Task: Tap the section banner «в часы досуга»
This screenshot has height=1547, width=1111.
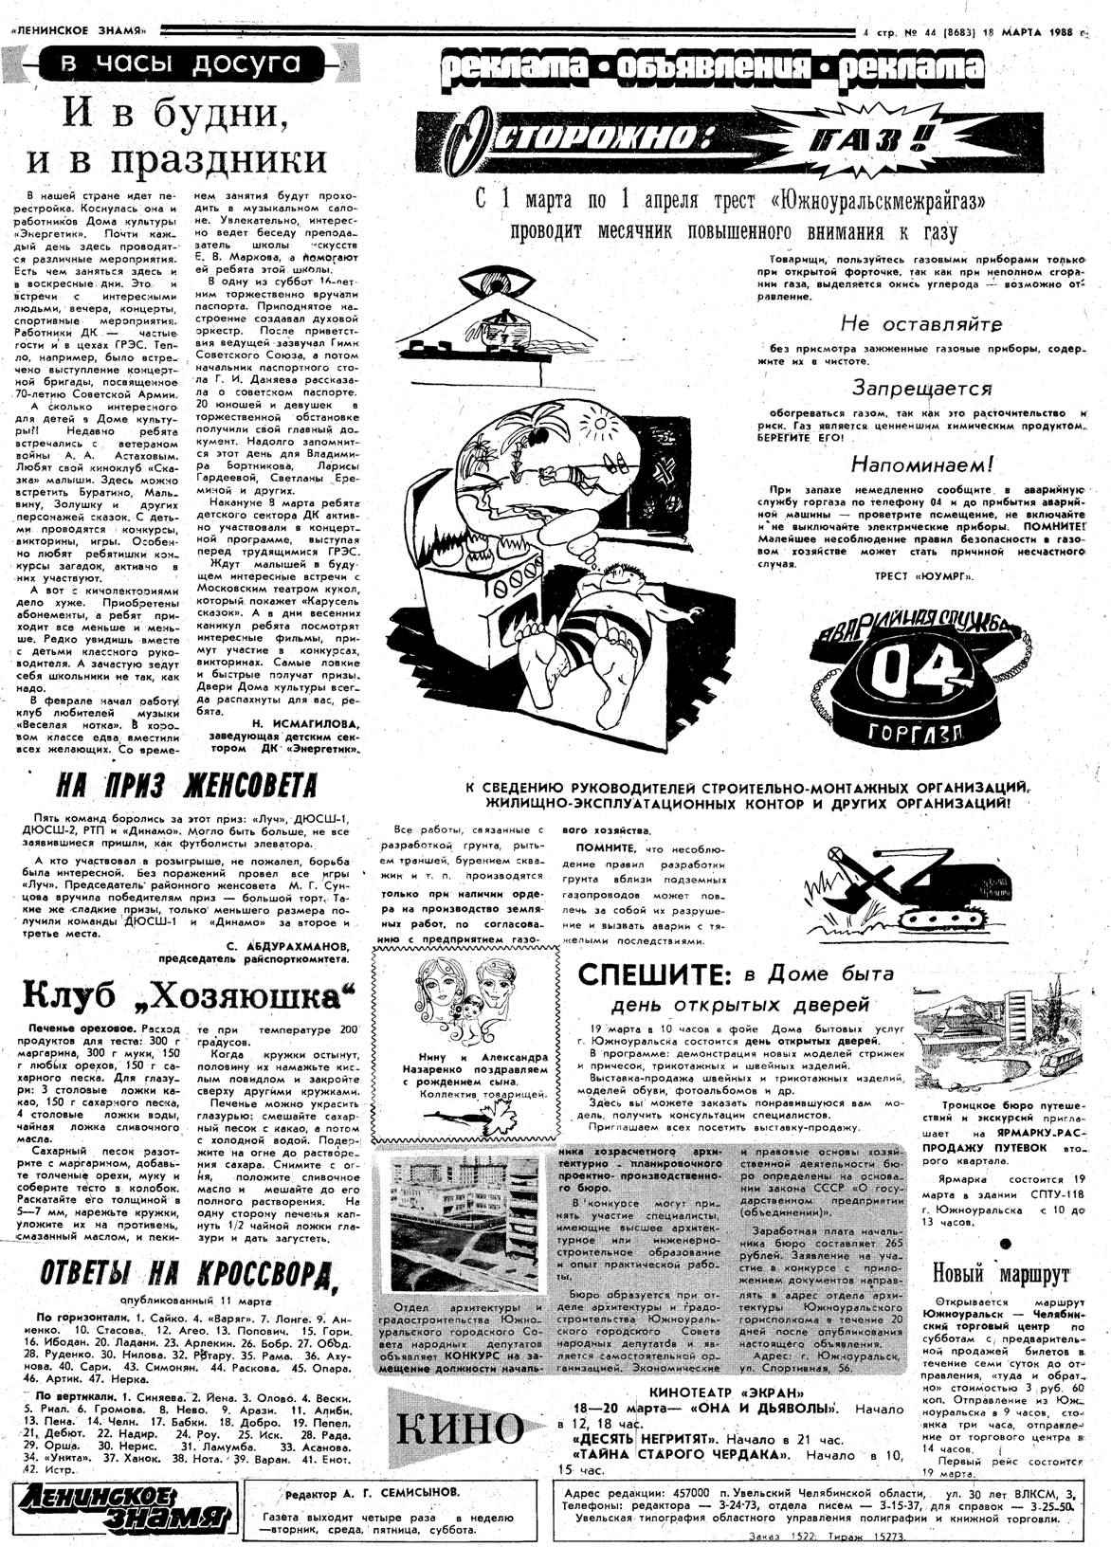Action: click(180, 64)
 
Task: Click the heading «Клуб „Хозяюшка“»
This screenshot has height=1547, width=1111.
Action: click(187, 995)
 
